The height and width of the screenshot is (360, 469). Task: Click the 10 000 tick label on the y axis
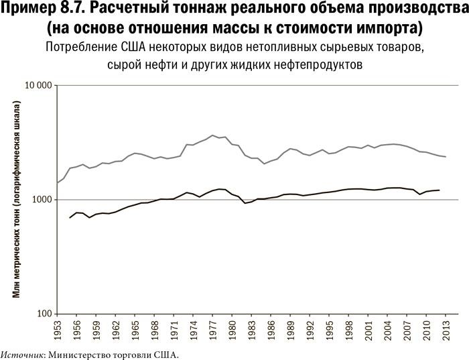pyautogui.click(x=38, y=86)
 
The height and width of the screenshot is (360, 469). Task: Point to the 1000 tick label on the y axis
pyautogui.click(x=42, y=200)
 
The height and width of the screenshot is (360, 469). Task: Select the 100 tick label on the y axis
pyautogui.click(x=45, y=314)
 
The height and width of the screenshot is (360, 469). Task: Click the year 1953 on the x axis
pyautogui.click(x=58, y=332)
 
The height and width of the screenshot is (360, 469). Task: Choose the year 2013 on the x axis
pyautogui.click(x=446, y=332)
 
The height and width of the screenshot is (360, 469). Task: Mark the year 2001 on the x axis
pyautogui.click(x=368, y=332)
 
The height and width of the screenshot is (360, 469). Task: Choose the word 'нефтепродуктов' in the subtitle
pyautogui.click(x=316, y=66)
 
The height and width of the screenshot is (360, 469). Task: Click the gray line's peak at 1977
pyautogui.click(x=212, y=135)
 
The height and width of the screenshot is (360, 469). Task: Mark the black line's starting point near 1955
pyautogui.click(x=70, y=218)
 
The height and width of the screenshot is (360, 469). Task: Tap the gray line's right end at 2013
pyautogui.click(x=446, y=157)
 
